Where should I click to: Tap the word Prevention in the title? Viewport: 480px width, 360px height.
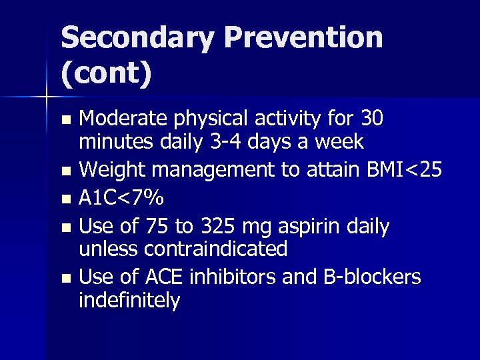[308, 38]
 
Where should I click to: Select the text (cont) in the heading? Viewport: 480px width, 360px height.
[107, 74]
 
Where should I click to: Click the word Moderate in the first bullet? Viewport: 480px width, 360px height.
[125, 119]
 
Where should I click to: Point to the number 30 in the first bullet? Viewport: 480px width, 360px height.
[371, 119]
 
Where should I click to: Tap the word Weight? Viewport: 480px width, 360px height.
[112, 170]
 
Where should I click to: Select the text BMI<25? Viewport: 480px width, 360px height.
[404, 170]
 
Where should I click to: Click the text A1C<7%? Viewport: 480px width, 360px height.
[121, 199]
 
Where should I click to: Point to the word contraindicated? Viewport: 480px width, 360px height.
[215, 249]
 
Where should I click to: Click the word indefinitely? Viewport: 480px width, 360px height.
[129, 300]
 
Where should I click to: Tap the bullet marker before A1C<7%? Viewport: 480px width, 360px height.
[65, 199]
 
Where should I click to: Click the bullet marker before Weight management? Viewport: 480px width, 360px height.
[65, 171]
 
